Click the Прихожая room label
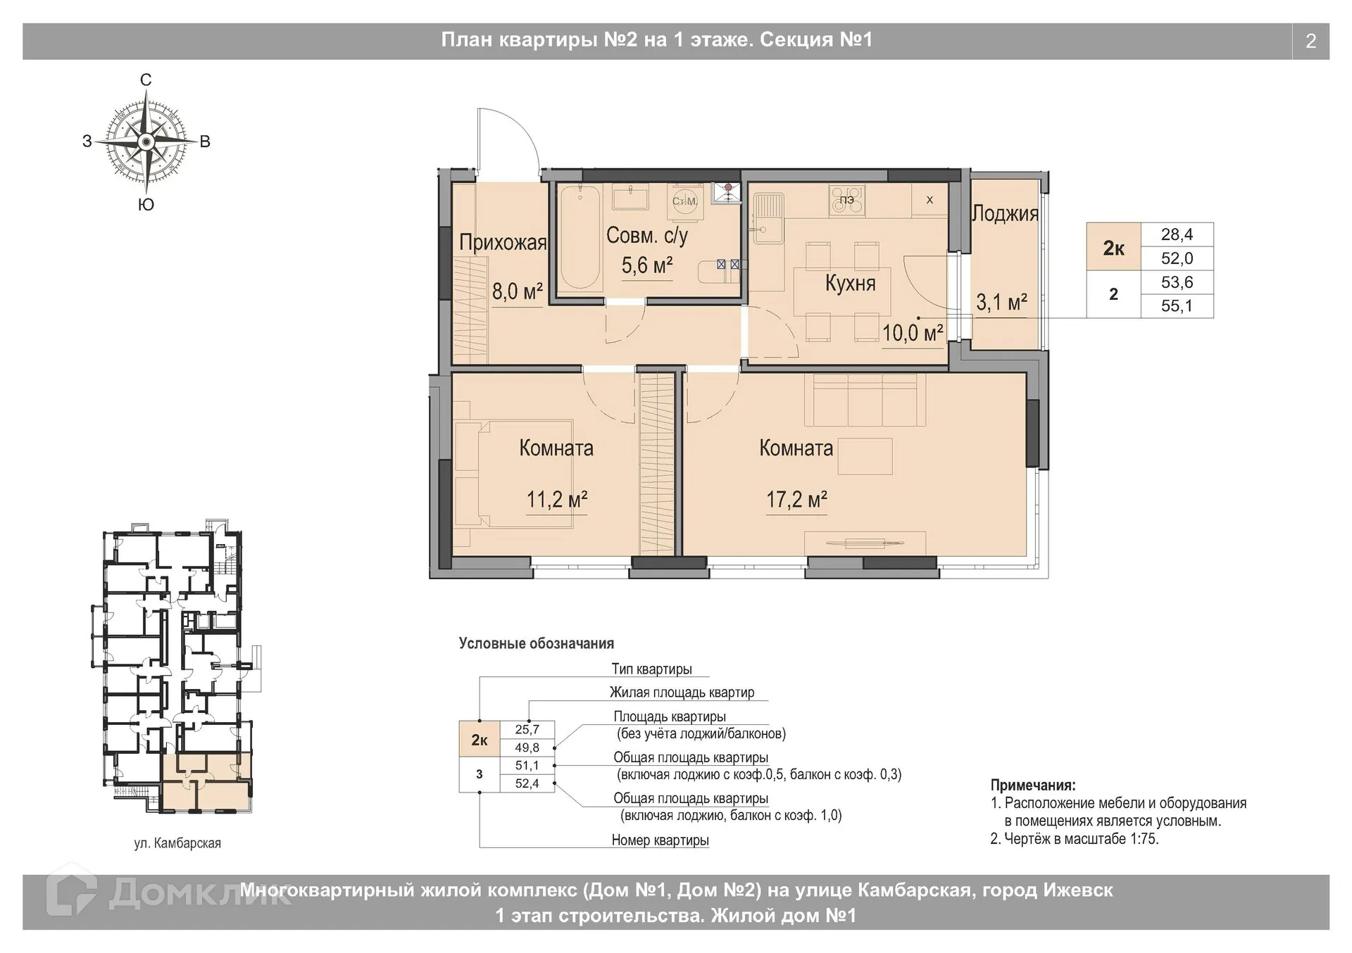[x=503, y=243]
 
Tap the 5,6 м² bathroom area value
[x=646, y=265]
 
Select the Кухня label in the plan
[x=850, y=284]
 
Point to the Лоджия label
[x=1005, y=214]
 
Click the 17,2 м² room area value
[x=796, y=500]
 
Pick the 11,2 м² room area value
[x=557, y=500]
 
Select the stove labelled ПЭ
[x=847, y=199]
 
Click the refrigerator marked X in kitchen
[x=930, y=200]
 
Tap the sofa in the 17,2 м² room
[x=865, y=400]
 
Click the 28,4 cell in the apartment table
[x=1177, y=234]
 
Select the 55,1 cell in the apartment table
[x=1177, y=306]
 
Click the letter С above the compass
[x=146, y=80]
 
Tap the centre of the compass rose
[x=146, y=142]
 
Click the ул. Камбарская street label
[x=177, y=842]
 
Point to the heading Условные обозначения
[x=537, y=643]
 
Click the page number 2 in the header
[x=1310, y=42]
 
